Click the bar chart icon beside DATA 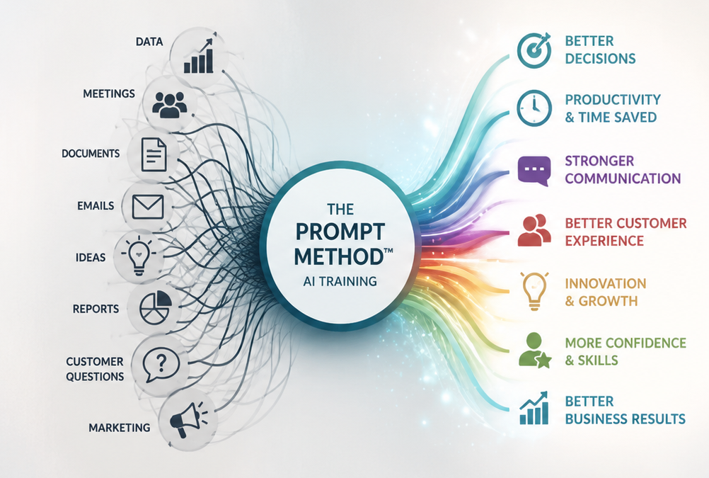pos(198,56)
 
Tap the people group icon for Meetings pos(169,104)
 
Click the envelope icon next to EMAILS pos(148,207)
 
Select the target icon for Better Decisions pos(534,50)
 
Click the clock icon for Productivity pos(534,108)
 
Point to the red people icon pos(534,230)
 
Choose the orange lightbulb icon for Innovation pos(534,290)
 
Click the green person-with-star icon pos(535,350)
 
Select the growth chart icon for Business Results pos(534,408)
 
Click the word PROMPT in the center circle pos(340,232)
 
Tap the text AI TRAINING pos(340,281)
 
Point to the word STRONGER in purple pos(599,161)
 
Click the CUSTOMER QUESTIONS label pos(95,369)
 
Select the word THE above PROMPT pos(340,209)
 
